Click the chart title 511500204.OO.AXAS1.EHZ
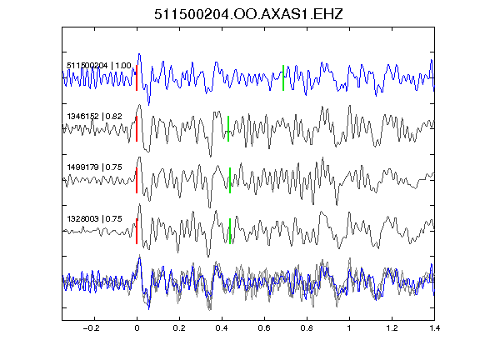248,14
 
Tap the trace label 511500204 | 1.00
99,66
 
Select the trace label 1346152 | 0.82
95,117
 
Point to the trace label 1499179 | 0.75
95,167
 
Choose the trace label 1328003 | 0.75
95,219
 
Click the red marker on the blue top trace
137,77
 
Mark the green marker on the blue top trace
283,77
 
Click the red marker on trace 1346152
137,129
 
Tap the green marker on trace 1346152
228,129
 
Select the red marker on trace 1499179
137,180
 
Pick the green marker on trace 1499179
230,180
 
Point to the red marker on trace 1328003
137,231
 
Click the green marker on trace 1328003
230,231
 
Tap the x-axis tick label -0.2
92,328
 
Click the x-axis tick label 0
137,328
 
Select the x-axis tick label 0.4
222,328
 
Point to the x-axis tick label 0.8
307,328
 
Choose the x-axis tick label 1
349,328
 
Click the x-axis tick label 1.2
392,328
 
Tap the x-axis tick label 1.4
434,328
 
